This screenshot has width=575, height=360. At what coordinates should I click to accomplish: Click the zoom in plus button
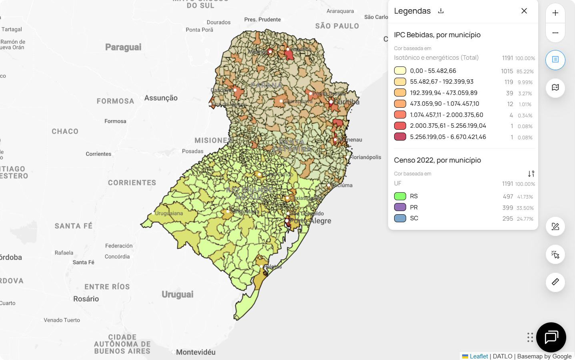click(555, 13)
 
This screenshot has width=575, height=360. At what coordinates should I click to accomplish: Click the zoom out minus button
click(555, 33)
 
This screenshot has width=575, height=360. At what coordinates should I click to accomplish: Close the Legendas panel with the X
click(524, 11)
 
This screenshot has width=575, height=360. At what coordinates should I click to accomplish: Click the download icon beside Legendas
click(441, 11)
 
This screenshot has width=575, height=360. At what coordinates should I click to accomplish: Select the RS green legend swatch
click(400, 196)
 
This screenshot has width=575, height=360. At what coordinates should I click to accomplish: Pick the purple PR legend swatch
click(400, 207)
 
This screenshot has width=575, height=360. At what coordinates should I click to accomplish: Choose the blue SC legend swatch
click(400, 218)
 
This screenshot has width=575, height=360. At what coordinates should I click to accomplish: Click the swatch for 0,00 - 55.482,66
click(400, 71)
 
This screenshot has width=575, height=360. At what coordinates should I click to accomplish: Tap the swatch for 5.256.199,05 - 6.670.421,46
click(400, 137)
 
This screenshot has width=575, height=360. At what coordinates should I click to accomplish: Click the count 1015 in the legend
click(507, 71)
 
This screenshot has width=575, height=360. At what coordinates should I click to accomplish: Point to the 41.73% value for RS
click(525, 197)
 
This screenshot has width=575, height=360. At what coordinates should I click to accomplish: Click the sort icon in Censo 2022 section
click(531, 174)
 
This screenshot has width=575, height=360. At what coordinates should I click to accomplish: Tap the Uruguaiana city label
click(169, 213)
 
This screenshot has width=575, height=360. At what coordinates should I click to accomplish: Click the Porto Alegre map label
click(311, 221)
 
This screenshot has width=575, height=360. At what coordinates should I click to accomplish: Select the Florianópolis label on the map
click(365, 157)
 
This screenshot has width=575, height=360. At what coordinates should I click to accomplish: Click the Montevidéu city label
click(196, 352)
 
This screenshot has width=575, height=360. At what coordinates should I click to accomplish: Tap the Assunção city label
click(161, 98)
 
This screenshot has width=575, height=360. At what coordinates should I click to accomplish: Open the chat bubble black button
click(551, 337)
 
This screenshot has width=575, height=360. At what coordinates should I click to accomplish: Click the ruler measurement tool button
click(555, 282)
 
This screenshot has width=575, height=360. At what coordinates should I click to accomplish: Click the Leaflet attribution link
click(479, 356)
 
